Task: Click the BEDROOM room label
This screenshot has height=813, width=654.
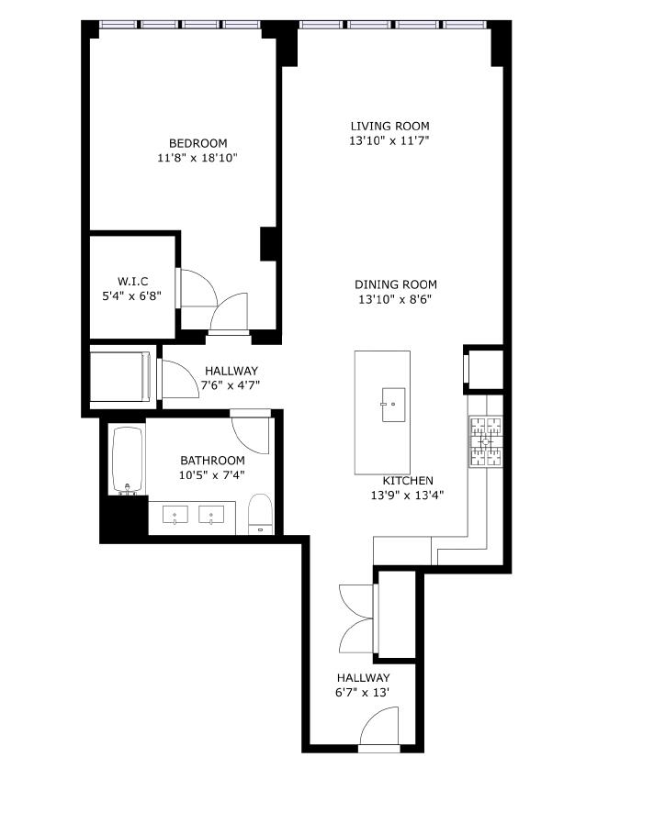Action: (197, 143)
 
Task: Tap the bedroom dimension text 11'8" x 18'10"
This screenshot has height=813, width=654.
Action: (197, 158)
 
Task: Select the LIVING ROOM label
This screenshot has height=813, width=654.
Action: (389, 127)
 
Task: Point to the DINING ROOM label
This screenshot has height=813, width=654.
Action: (396, 284)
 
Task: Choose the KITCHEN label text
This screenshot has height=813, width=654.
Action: (408, 481)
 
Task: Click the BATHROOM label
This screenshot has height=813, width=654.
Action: (212, 461)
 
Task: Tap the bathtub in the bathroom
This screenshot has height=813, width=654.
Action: (127, 459)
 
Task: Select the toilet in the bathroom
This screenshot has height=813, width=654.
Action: (261, 514)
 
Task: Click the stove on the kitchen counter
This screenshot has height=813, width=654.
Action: (486, 440)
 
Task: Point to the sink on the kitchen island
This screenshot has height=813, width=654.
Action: (393, 404)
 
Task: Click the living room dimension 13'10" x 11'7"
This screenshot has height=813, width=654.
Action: (389, 141)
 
